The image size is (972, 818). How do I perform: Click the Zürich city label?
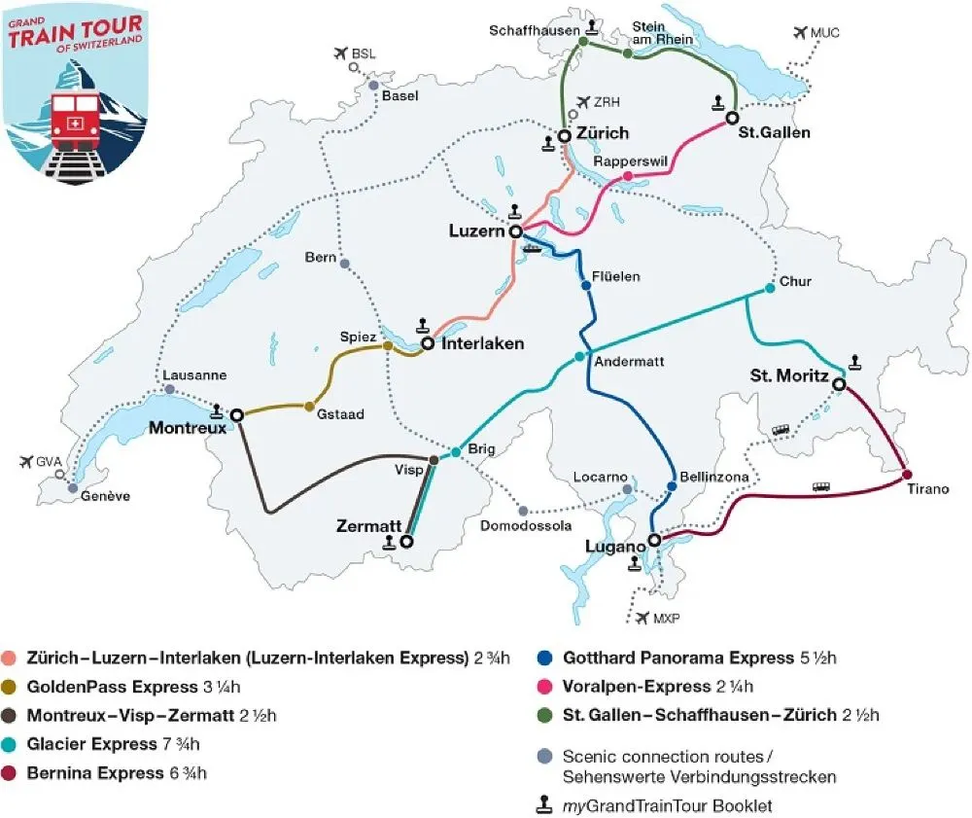(x=602, y=133)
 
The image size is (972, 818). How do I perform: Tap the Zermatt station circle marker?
(x=407, y=543)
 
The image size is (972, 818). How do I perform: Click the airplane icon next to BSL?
(x=339, y=53)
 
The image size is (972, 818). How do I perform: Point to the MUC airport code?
(x=825, y=33)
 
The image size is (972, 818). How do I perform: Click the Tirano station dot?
(x=907, y=475)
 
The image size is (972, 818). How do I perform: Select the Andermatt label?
(x=628, y=361)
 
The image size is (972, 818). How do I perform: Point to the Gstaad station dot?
(x=310, y=407)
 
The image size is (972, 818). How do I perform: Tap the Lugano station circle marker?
(x=654, y=539)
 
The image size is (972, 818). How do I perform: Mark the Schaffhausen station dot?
(x=583, y=43)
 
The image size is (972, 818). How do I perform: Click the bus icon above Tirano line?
(x=821, y=486)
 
